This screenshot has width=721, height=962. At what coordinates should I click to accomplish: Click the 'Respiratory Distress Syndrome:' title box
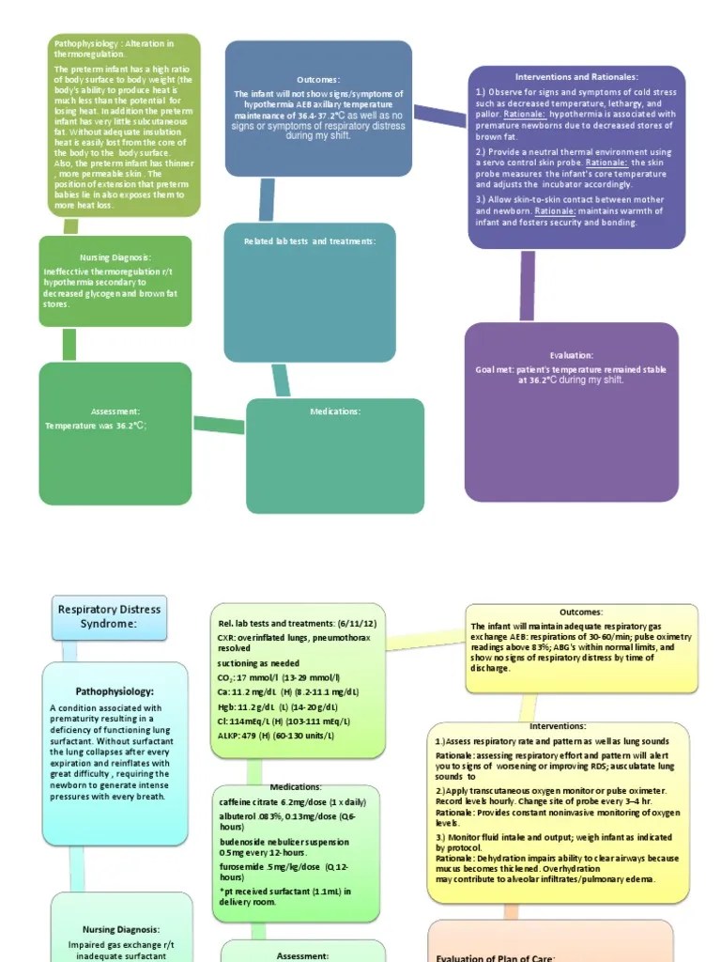pyautogui.click(x=109, y=616)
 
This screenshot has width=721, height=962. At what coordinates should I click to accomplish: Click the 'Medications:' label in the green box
pyautogui.click(x=335, y=411)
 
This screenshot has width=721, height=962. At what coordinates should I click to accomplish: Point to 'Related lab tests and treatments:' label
pyautogui.click(x=310, y=241)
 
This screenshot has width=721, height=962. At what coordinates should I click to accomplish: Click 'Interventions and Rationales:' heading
pyautogui.click(x=576, y=76)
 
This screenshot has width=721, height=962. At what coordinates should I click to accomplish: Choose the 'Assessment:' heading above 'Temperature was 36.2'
pyautogui.click(x=115, y=411)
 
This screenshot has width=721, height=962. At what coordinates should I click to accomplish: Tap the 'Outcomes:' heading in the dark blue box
pyautogui.click(x=318, y=80)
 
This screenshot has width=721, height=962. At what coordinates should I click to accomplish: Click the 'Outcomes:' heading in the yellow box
pyautogui.click(x=581, y=612)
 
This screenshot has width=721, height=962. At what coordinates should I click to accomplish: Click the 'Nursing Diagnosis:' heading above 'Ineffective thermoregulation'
pyautogui.click(x=115, y=257)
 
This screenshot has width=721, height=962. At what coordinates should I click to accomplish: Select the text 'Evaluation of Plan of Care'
pyautogui.click(x=497, y=957)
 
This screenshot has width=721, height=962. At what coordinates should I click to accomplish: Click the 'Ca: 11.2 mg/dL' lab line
pyautogui.click(x=286, y=691)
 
